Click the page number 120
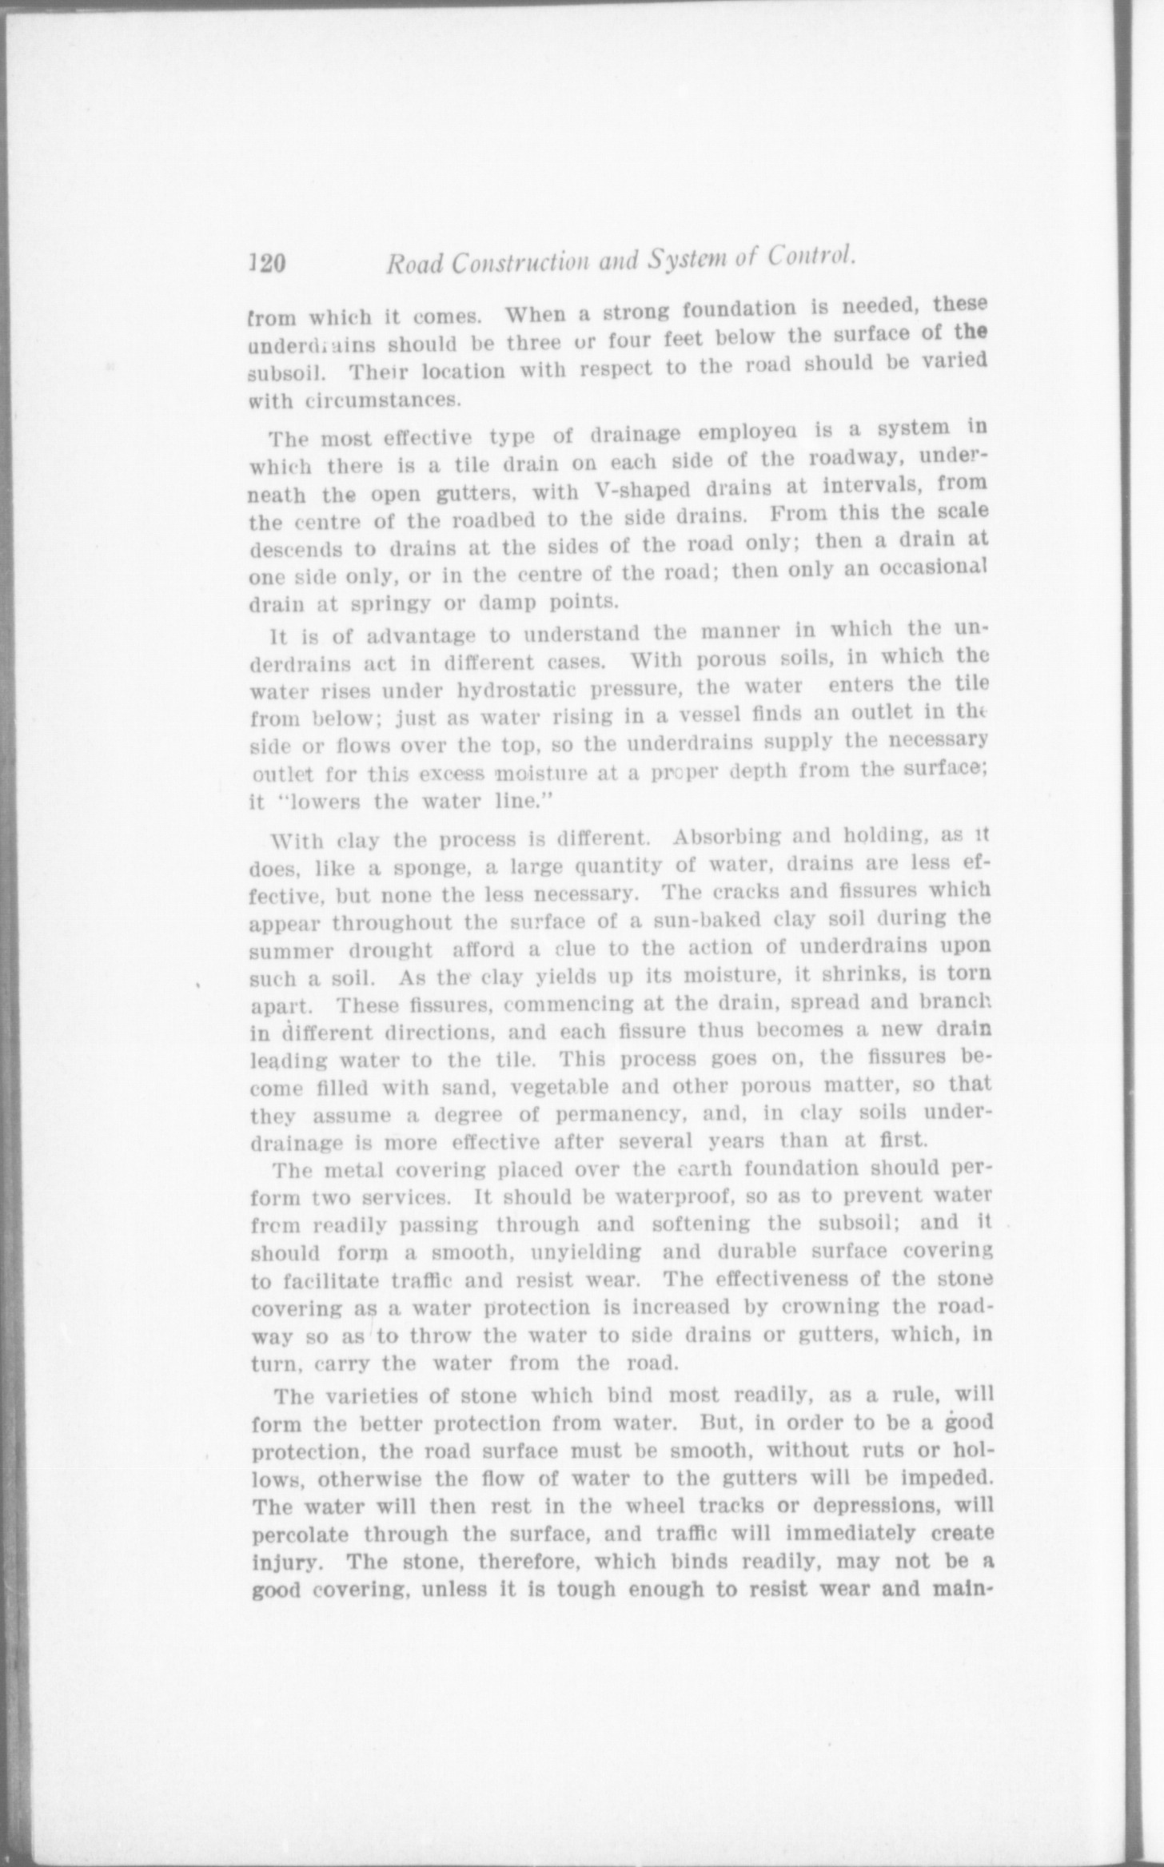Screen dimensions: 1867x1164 (269, 265)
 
